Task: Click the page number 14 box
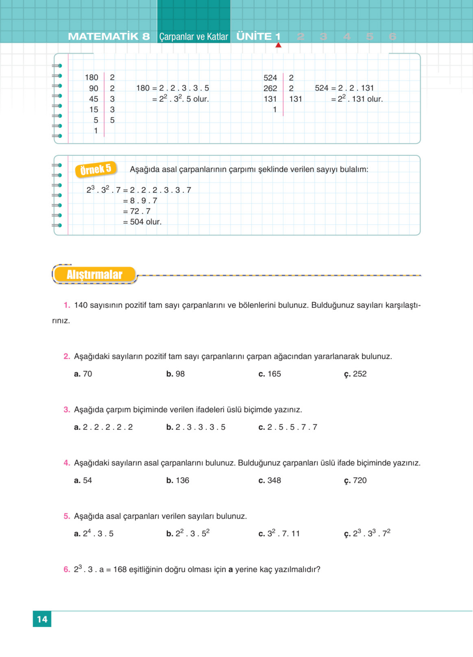point(42,619)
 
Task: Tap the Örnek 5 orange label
point(96,169)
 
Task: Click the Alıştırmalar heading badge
point(94,274)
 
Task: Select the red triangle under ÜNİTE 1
point(278,45)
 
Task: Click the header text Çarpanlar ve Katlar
point(194,37)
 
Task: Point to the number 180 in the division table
point(92,77)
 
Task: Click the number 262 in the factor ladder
point(270,88)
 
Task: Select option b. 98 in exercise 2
point(176,374)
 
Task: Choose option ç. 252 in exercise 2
point(355,374)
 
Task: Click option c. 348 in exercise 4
point(270,480)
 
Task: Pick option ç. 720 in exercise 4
point(355,480)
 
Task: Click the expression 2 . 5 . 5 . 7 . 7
point(292,427)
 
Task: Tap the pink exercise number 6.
point(67,569)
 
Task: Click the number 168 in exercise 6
point(120,569)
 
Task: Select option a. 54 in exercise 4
point(83,480)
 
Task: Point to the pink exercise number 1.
point(67,305)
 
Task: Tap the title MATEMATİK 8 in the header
point(109,37)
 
